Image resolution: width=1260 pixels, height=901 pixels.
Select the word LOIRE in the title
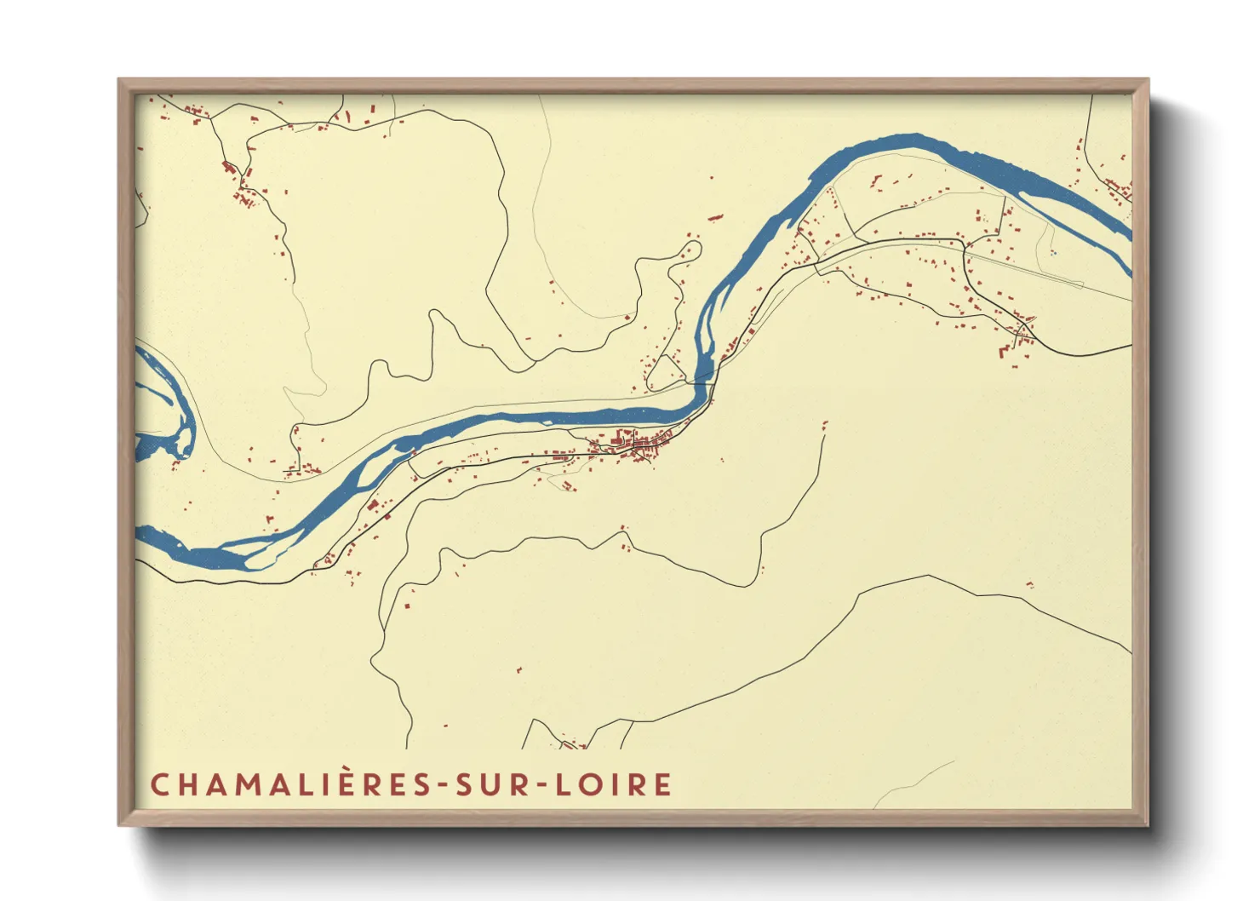pos(613,784)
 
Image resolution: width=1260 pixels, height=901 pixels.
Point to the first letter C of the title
pos(159,784)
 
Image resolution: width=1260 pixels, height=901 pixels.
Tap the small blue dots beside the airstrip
pos(1053,252)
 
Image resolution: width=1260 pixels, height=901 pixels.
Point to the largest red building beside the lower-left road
pos(372,506)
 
